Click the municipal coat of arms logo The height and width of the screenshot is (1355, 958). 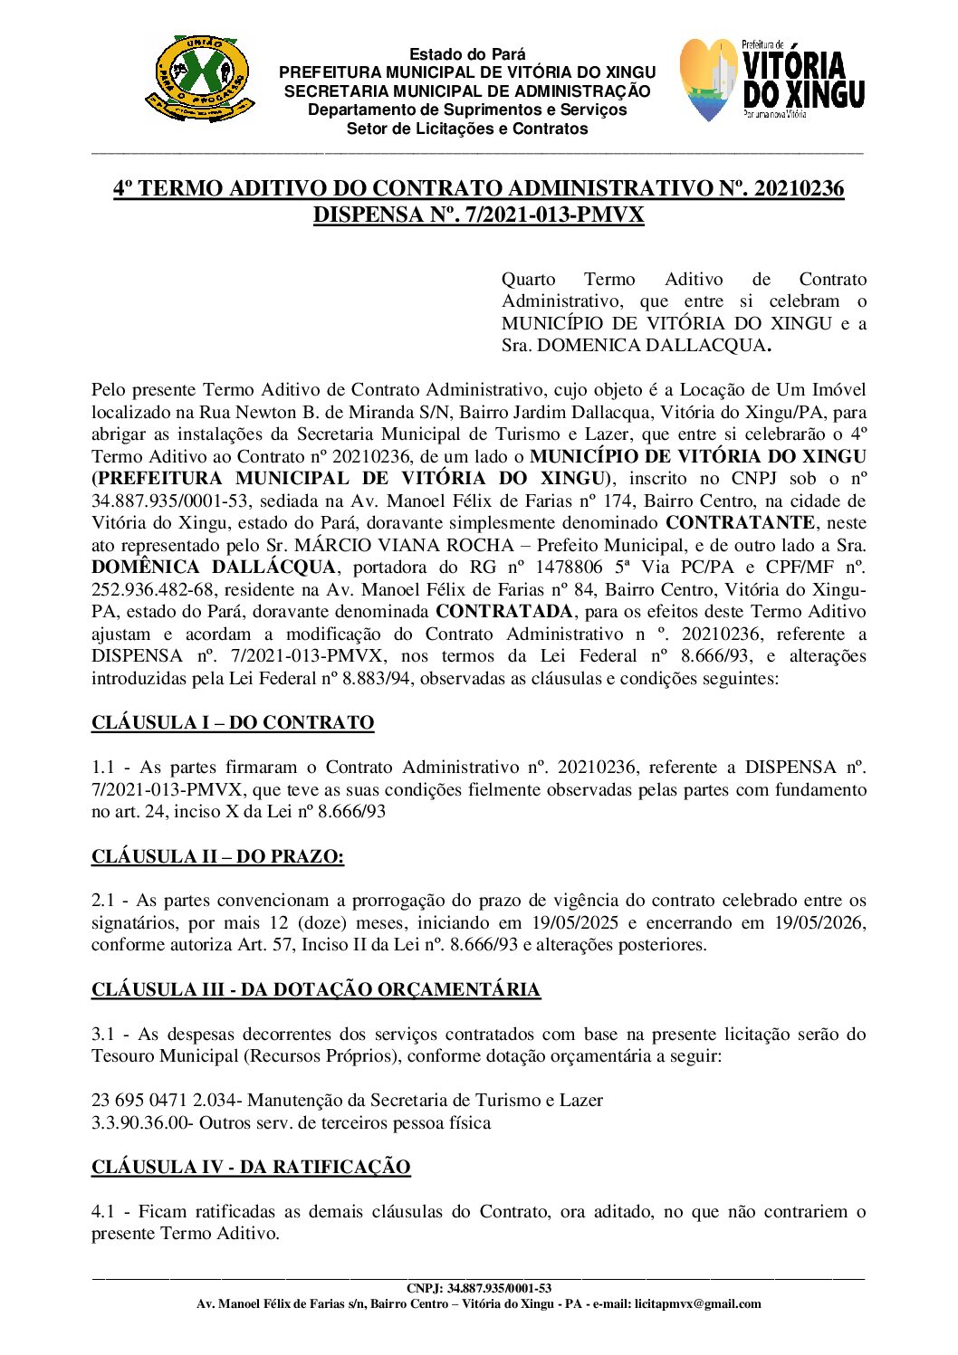tap(198, 79)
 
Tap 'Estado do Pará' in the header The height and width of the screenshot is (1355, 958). tap(466, 54)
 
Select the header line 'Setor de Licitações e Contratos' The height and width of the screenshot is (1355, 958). tap(466, 129)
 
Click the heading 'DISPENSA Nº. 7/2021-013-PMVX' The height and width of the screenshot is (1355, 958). tap(478, 215)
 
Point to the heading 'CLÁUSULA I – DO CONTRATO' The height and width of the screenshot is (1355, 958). tap(233, 723)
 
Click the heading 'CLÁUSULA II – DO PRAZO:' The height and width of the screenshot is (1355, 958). tap(217, 856)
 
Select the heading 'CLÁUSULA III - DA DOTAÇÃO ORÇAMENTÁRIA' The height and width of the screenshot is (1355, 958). tap(316, 989)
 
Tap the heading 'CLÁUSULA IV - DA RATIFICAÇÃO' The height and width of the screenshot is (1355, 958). tap(251, 1168)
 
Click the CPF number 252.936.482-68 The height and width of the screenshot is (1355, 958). tap(152, 590)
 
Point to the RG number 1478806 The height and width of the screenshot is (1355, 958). tap(567, 568)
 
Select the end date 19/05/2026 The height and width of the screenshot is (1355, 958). tap(819, 923)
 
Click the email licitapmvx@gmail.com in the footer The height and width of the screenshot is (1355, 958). tap(697, 1304)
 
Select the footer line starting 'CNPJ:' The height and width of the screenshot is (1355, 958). tap(479, 1288)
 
